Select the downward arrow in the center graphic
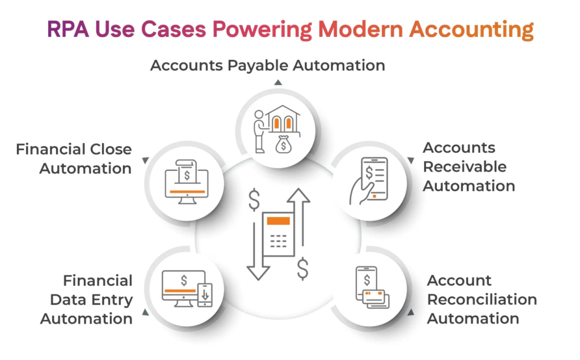(x=258, y=249)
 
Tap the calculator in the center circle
(x=278, y=235)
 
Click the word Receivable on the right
(x=464, y=167)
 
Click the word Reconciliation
(x=481, y=299)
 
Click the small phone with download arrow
(x=205, y=295)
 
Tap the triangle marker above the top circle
(x=278, y=82)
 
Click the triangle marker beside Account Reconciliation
(x=412, y=311)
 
